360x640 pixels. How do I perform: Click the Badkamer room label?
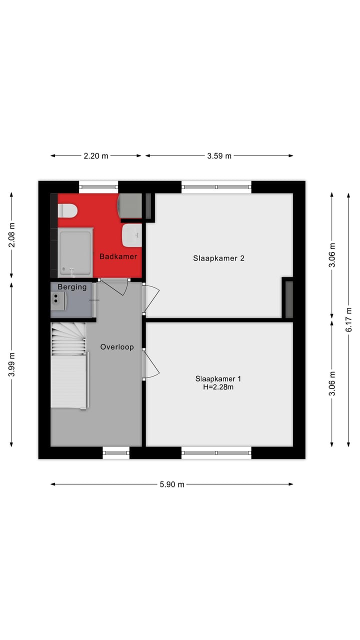[118, 256]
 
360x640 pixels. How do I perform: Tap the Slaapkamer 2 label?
[218, 258]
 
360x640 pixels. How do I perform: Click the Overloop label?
[117, 346]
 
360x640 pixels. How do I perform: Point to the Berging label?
[72, 287]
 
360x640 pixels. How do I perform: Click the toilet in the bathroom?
[67, 210]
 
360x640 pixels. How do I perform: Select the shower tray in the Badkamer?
[75, 252]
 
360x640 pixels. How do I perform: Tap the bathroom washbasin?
[132, 235]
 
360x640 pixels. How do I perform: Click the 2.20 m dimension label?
[95, 155]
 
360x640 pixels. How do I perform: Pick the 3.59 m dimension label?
[219, 155]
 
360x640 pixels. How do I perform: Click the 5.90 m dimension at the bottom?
[172, 484]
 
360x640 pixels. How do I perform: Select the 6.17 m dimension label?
[349, 320]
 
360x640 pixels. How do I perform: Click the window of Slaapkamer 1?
[216, 452]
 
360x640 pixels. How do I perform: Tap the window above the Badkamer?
[98, 187]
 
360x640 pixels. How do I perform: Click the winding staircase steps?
[68, 338]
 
